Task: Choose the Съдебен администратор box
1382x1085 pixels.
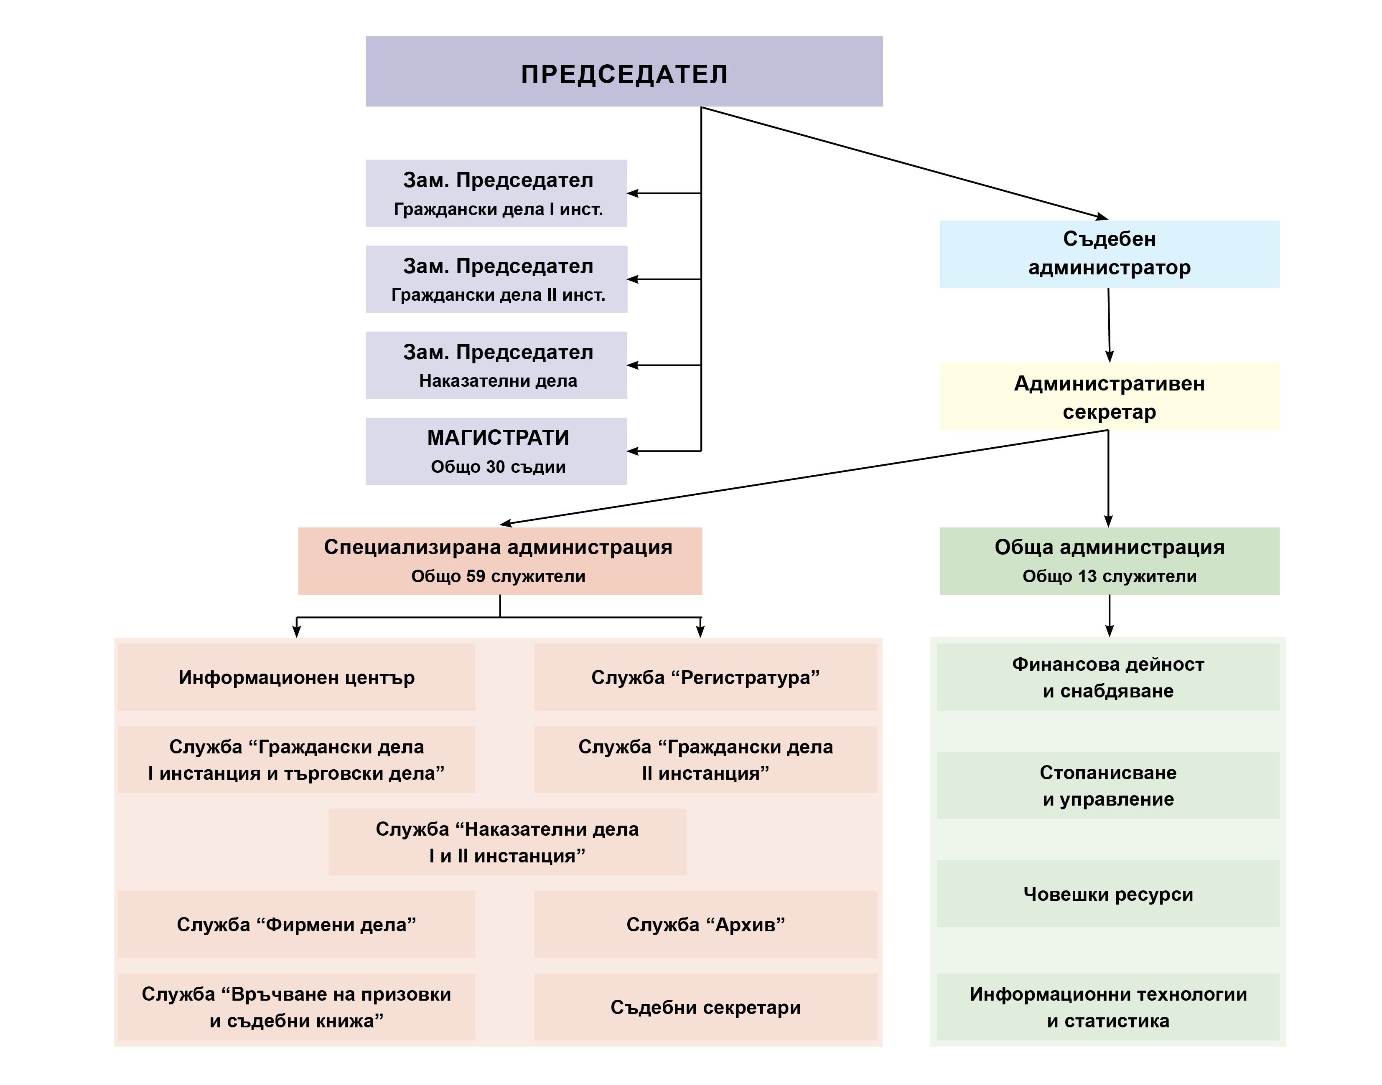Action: [1109, 254]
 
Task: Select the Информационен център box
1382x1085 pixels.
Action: [296, 677]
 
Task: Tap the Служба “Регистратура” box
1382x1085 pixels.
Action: [705, 677]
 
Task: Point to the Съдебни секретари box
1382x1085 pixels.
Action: [705, 1007]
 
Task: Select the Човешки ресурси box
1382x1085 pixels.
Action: [1107, 894]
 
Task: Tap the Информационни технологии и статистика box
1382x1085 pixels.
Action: [1107, 1007]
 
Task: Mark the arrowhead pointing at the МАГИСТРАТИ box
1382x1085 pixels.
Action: [633, 451]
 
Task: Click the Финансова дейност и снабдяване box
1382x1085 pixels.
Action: [1107, 677]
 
